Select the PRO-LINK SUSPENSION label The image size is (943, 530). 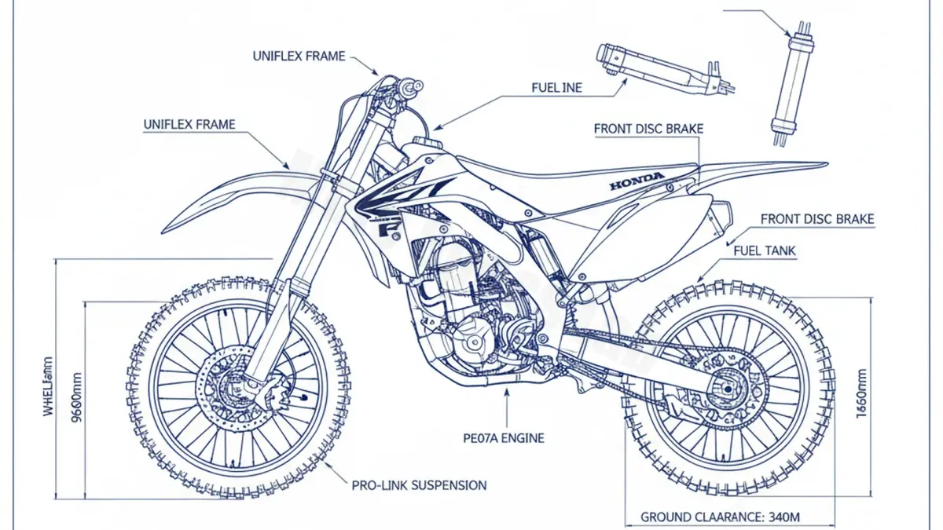coord(419,485)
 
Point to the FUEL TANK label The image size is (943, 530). coord(764,251)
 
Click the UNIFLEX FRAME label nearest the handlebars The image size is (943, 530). coord(299,57)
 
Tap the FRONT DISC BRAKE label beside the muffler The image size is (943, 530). coord(817,220)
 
